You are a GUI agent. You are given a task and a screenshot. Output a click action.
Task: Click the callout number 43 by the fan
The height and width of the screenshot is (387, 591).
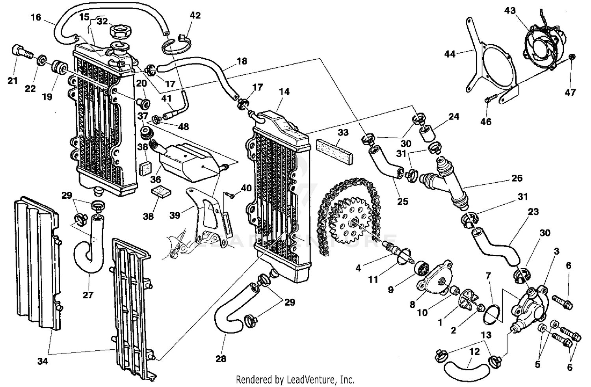pos(510,11)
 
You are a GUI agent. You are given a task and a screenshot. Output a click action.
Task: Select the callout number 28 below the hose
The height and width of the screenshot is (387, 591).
pos(221,359)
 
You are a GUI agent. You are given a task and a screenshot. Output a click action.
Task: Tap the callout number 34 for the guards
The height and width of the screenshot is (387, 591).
pos(42,360)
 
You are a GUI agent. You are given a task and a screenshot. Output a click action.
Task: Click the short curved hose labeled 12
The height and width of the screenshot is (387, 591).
pos(466,370)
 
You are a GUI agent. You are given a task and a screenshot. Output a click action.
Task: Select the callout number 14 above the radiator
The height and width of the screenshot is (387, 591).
pos(284,91)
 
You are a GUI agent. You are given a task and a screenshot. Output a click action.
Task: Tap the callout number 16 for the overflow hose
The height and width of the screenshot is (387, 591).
pos(36,17)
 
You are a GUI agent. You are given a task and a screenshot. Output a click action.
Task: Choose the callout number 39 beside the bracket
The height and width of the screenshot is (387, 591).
pos(175,215)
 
